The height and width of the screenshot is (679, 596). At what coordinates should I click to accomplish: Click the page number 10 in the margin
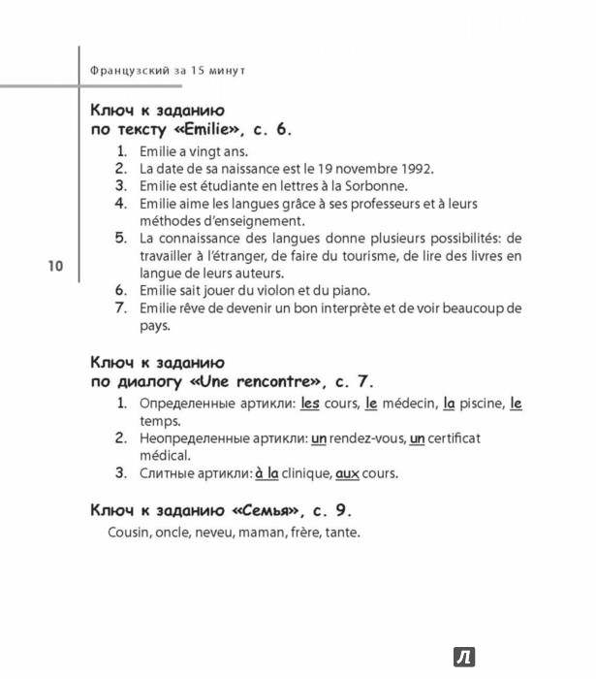pos(53,267)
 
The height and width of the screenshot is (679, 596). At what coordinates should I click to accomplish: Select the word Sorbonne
pos(378,185)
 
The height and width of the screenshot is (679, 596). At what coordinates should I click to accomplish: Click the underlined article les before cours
pos(310,403)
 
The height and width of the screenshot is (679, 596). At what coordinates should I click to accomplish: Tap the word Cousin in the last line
pos(132,533)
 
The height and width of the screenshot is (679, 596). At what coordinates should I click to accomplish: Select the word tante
pos(341,533)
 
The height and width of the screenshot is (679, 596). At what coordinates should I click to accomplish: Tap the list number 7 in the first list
pos(121,308)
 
